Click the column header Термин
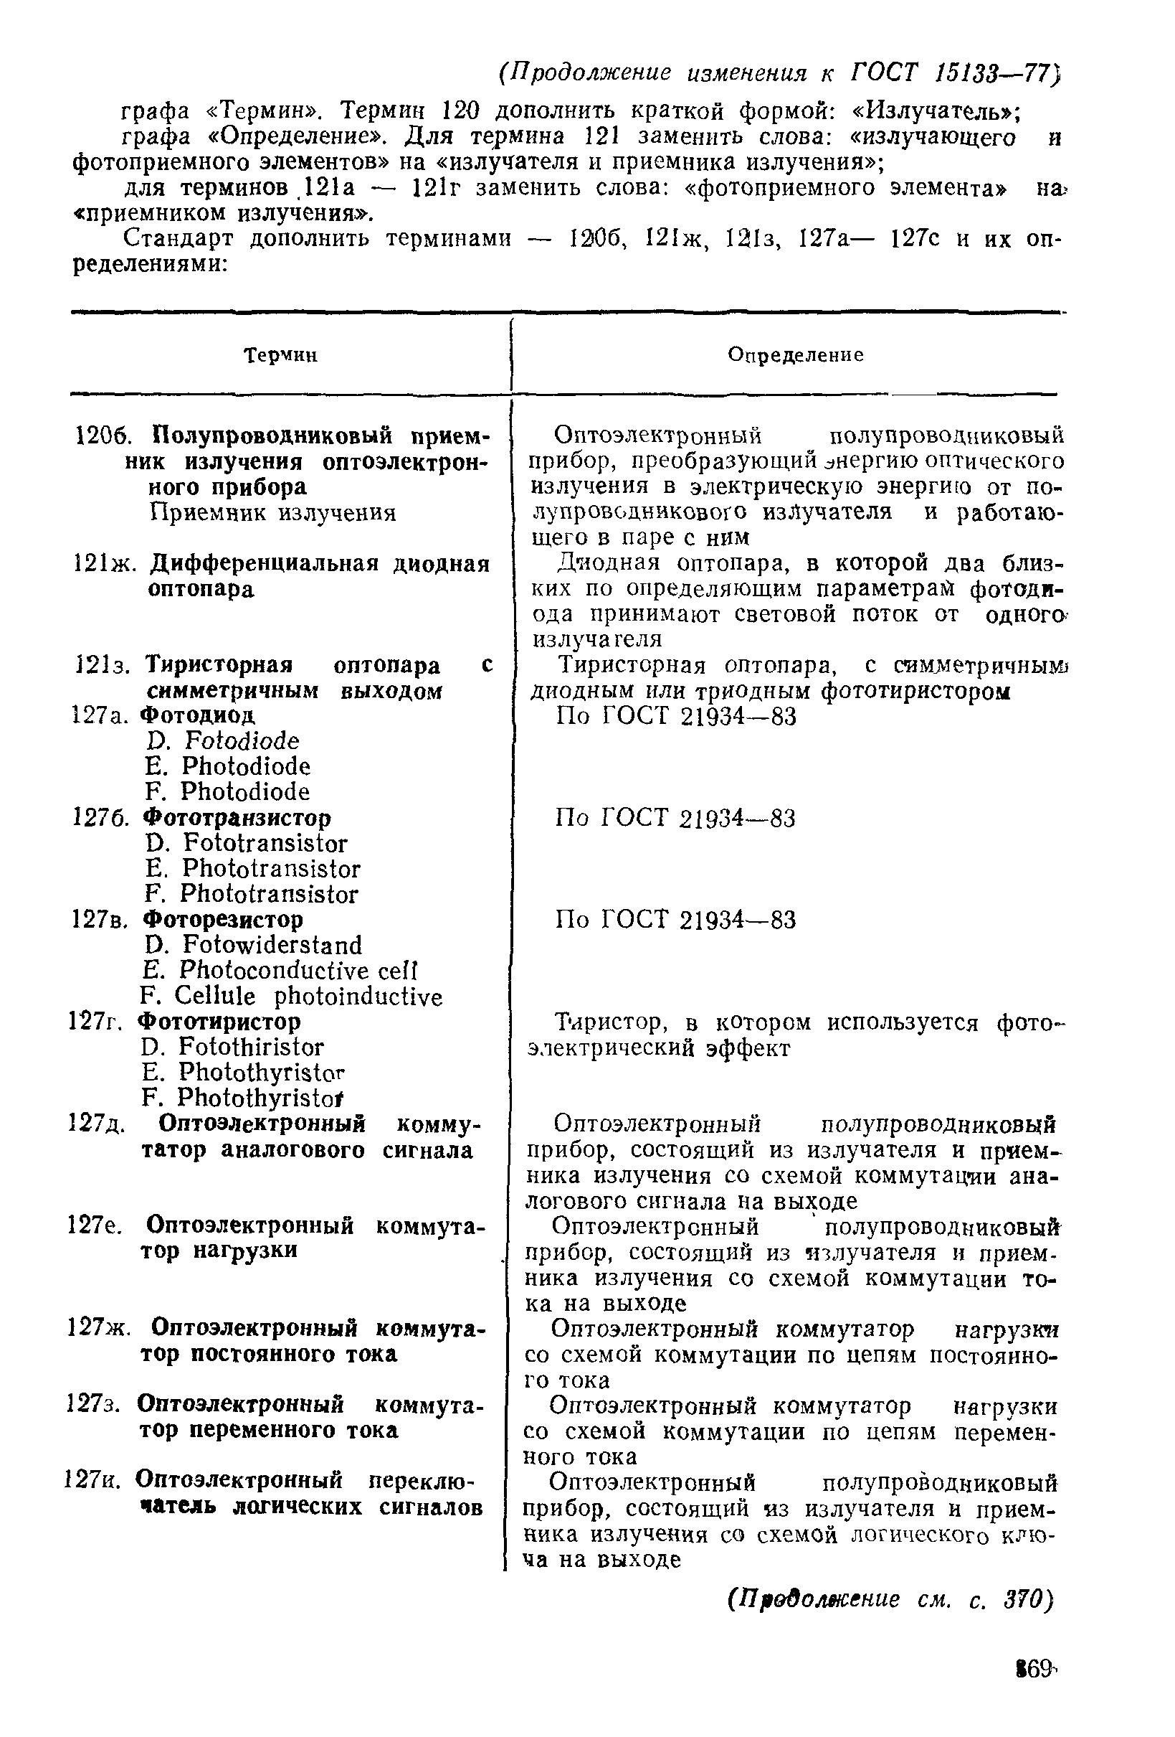click(x=282, y=356)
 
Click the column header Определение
click(x=795, y=356)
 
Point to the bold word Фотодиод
click(x=199, y=715)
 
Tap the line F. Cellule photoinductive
click(x=291, y=997)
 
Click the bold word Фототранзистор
click(x=237, y=818)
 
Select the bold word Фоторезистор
click(x=224, y=919)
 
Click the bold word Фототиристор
click(x=221, y=1022)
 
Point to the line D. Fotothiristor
click(x=232, y=1047)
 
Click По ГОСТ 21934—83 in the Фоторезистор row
click(x=675, y=920)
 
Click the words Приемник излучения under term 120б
click(x=272, y=514)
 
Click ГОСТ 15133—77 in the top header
click(x=957, y=72)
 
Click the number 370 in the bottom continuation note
click(x=1028, y=1600)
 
